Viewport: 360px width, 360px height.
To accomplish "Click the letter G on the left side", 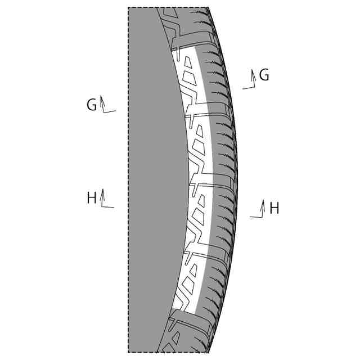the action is pyautogui.click(x=92, y=105).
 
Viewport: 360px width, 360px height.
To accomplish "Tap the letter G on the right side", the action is pyautogui.click(x=264, y=75).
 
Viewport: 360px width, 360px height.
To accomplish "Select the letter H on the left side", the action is pyautogui.click(x=92, y=198).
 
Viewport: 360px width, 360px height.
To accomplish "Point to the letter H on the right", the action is pyautogui.click(x=274, y=209).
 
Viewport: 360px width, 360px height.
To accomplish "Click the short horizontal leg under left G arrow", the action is pyautogui.click(x=110, y=111).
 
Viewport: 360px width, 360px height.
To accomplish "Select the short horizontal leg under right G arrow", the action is pyautogui.click(x=247, y=88).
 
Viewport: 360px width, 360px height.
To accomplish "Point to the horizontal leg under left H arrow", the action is pyautogui.click(x=108, y=207).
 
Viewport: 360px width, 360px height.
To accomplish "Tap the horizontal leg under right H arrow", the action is pyautogui.click(x=256, y=217).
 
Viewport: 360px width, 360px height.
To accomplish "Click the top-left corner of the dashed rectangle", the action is pyautogui.click(x=128, y=7).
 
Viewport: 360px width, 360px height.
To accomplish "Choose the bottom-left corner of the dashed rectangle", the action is pyautogui.click(x=128, y=353).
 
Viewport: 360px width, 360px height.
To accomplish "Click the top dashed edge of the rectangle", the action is pyautogui.click(x=143, y=7).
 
